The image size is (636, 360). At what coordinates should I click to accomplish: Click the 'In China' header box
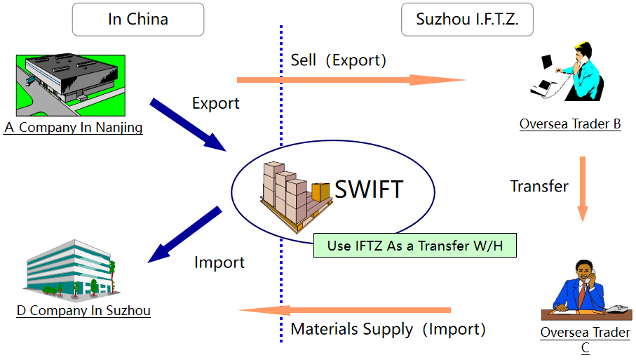click(138, 20)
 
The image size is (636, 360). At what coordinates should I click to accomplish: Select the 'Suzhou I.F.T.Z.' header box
click(467, 20)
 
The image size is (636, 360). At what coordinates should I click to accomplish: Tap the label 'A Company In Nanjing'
click(73, 128)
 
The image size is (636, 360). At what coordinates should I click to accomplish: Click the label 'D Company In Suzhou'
click(83, 310)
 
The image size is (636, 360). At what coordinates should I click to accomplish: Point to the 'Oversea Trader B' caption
click(570, 124)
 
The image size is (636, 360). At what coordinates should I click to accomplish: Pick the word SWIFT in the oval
click(369, 189)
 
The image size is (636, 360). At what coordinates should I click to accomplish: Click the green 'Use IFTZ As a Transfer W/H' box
click(414, 246)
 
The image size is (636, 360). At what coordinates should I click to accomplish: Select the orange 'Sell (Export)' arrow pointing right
click(351, 80)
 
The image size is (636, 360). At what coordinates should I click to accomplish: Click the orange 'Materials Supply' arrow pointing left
click(344, 310)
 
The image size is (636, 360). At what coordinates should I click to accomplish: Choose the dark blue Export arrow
click(188, 124)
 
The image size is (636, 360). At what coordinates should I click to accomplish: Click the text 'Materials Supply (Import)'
click(388, 329)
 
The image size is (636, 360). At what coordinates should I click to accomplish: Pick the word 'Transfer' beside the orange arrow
click(539, 186)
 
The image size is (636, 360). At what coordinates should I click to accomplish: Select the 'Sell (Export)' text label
click(338, 60)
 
